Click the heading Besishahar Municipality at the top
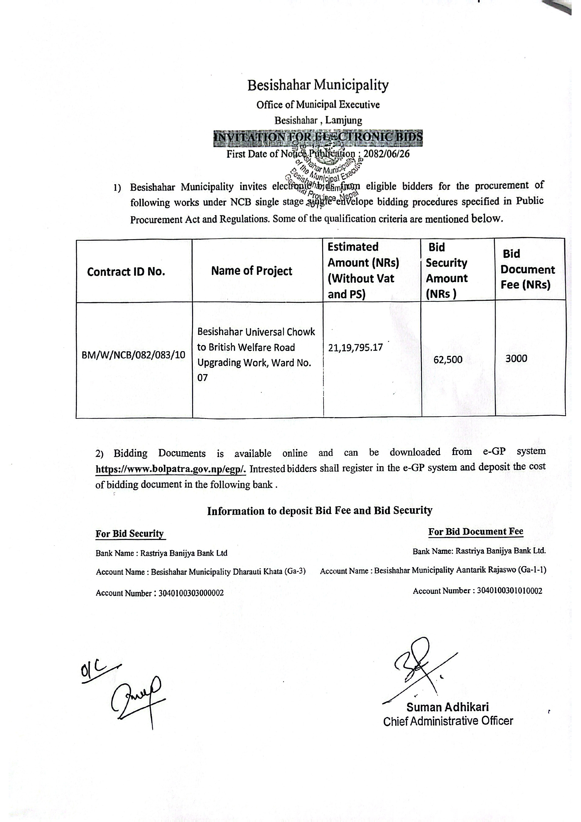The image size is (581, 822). click(x=318, y=86)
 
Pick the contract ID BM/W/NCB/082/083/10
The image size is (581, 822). click(x=134, y=355)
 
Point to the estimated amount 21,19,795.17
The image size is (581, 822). click(x=355, y=347)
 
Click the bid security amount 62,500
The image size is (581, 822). click(x=448, y=359)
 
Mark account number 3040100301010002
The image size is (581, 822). click(x=509, y=591)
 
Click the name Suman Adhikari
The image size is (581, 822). click(x=447, y=707)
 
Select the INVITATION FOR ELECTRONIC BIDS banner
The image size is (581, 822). click(x=318, y=138)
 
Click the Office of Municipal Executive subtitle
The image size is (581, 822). click(x=318, y=105)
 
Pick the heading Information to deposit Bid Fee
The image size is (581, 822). click(x=320, y=510)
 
